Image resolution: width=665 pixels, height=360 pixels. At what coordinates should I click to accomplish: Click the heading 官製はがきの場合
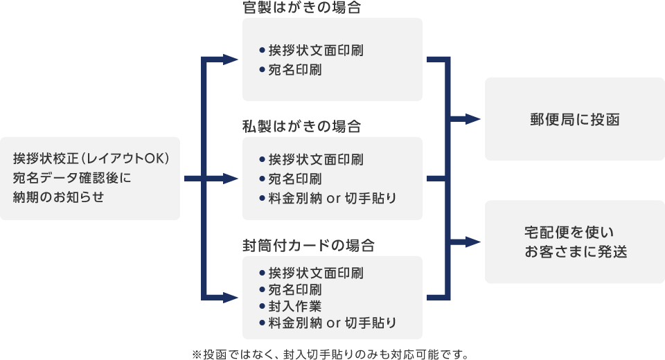point(302,8)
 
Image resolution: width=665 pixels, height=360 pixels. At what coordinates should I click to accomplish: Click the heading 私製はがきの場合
point(302,127)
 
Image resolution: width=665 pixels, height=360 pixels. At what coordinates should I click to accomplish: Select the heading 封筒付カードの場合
point(308,246)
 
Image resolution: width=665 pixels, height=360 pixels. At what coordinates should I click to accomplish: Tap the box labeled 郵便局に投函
point(574,119)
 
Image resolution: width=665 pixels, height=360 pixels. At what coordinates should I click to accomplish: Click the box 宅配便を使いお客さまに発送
point(574,242)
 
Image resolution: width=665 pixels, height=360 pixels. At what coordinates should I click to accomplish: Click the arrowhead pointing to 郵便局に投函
point(473,119)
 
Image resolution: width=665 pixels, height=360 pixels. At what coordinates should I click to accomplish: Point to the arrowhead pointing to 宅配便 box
point(473,242)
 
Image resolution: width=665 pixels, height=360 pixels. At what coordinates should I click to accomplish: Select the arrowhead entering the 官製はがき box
point(230,60)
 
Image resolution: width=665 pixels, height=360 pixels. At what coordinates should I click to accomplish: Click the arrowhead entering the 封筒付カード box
point(230,298)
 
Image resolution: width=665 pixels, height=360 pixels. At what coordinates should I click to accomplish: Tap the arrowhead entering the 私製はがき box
point(230,179)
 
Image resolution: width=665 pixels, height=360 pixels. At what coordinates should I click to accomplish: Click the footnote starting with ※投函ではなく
point(330,354)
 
